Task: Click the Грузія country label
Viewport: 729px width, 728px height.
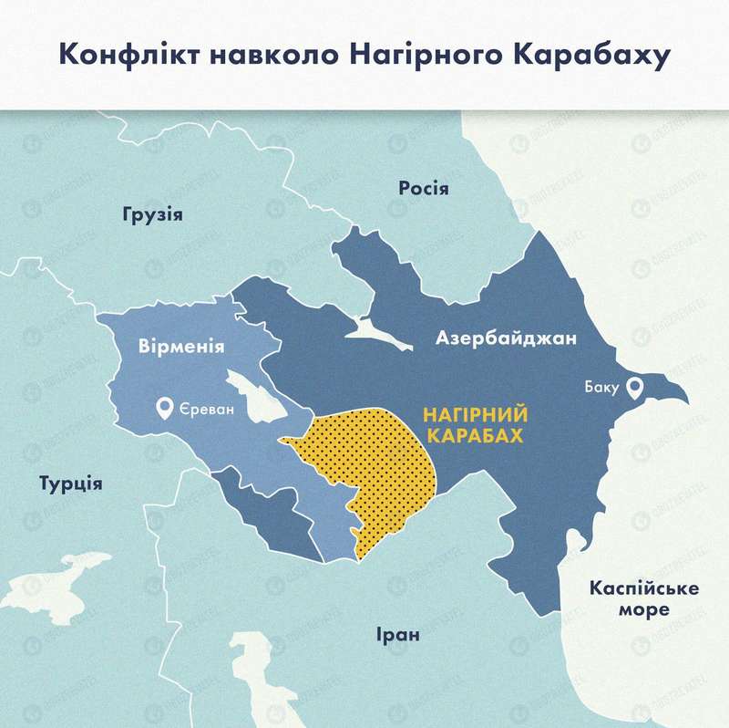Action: pyautogui.click(x=152, y=216)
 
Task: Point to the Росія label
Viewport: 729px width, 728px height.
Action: pyautogui.click(x=424, y=188)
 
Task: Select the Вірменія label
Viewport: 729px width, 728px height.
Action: pyautogui.click(x=182, y=347)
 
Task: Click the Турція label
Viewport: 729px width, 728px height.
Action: pyautogui.click(x=70, y=483)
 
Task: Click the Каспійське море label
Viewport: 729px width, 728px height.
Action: pyautogui.click(x=644, y=598)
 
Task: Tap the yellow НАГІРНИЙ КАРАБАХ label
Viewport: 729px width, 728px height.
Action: pyautogui.click(x=476, y=425)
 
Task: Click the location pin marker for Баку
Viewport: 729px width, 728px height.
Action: pyautogui.click(x=634, y=387)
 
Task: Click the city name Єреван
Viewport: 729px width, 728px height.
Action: pyautogui.click(x=207, y=409)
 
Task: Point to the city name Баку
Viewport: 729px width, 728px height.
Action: pyautogui.click(x=601, y=388)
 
